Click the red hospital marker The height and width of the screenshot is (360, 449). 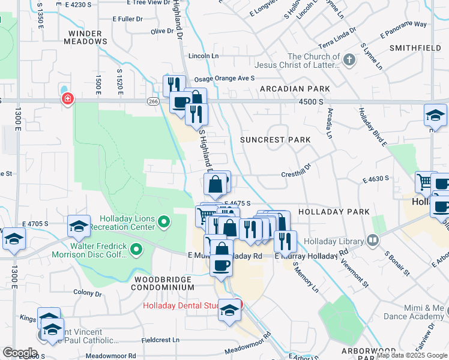(x=68, y=98)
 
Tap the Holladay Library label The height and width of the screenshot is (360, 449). (x=339, y=242)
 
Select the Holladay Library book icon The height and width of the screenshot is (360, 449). (x=373, y=241)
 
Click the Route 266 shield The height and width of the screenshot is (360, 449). (x=153, y=102)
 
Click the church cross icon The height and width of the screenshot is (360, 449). (x=349, y=59)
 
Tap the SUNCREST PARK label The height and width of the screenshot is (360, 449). (x=276, y=140)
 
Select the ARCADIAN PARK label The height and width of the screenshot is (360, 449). (x=295, y=89)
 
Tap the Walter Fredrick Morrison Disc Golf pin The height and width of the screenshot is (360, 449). (x=136, y=249)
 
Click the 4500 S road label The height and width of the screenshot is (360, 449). (x=312, y=102)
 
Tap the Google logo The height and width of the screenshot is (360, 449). (x=20, y=352)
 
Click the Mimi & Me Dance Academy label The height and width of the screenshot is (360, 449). (x=421, y=312)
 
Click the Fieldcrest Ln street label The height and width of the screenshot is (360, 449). (x=160, y=340)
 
